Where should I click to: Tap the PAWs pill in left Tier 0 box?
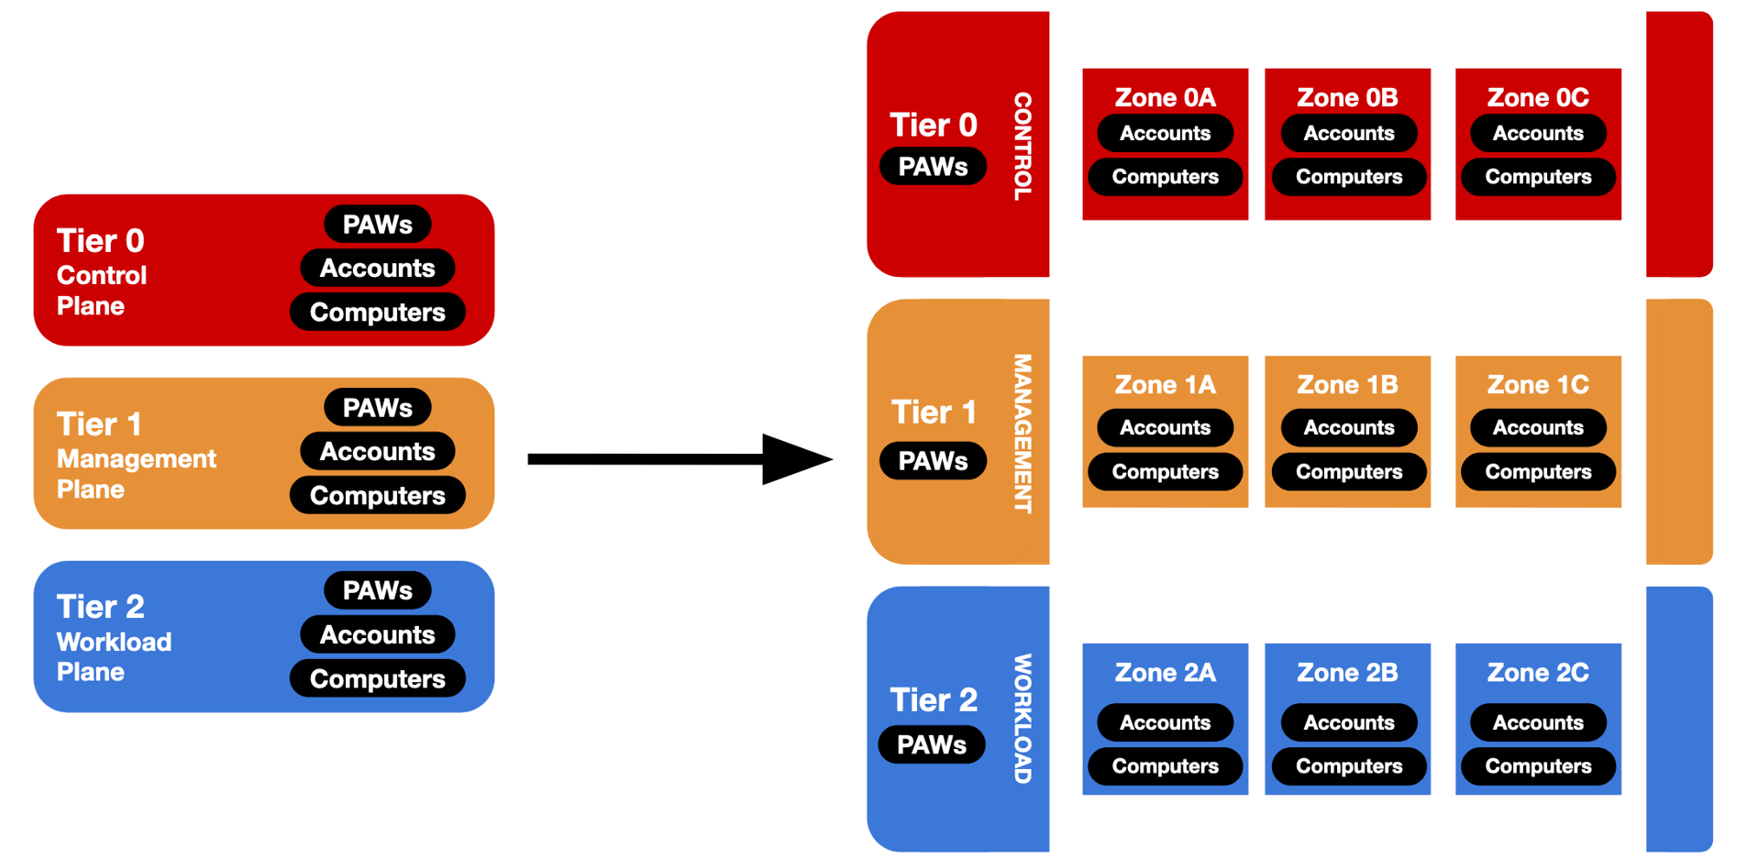point(377,225)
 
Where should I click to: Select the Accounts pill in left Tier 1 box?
point(377,451)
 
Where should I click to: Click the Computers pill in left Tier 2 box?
point(377,678)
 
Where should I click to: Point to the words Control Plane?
point(101,291)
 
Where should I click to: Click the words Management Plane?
point(136,474)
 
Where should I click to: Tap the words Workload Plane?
point(114,656)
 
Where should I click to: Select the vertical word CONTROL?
point(1023,146)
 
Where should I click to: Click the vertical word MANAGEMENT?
point(1023,433)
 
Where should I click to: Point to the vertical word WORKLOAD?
point(1023,719)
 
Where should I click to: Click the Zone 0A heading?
point(1165,97)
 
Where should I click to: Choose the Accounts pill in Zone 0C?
point(1538,133)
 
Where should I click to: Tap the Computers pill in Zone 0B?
point(1348,177)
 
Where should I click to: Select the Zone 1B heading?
point(1347,384)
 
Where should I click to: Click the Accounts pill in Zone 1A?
point(1165,427)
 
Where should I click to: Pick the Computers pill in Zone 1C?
point(1538,472)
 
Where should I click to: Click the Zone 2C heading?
point(1538,672)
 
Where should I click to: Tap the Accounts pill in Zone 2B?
point(1348,722)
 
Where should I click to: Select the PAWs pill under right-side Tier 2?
point(932,744)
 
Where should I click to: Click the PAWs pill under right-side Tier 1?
point(933,460)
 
